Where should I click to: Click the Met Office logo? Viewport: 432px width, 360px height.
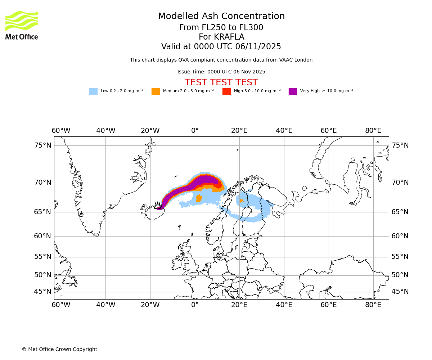(x=22, y=26)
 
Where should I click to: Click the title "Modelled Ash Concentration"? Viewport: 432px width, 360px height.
(x=221, y=17)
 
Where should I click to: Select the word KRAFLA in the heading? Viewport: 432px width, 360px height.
(x=230, y=37)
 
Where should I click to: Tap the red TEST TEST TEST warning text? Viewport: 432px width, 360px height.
(x=221, y=82)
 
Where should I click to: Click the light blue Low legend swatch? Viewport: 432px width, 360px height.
(x=93, y=91)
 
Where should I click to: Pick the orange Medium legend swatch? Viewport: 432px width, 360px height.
(x=156, y=91)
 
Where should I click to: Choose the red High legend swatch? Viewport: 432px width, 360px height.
(x=226, y=91)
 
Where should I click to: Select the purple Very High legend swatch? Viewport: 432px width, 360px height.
(x=293, y=91)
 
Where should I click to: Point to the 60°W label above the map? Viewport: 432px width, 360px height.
(x=61, y=130)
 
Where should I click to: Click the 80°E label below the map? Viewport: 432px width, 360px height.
(x=373, y=305)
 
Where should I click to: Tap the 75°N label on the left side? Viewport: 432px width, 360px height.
(x=43, y=145)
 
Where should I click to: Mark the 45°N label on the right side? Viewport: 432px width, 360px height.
(x=400, y=292)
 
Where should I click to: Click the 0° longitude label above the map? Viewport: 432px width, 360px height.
(x=195, y=130)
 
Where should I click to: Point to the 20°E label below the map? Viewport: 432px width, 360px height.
(x=239, y=305)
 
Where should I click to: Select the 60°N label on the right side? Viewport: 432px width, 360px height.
(x=400, y=236)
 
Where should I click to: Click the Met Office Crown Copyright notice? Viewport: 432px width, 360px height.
(x=59, y=349)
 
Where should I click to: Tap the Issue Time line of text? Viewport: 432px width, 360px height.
(x=221, y=72)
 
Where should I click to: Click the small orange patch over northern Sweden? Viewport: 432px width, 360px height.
(x=241, y=201)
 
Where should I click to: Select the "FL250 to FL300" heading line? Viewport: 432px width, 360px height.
(x=221, y=28)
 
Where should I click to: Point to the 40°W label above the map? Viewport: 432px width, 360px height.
(x=105, y=130)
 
